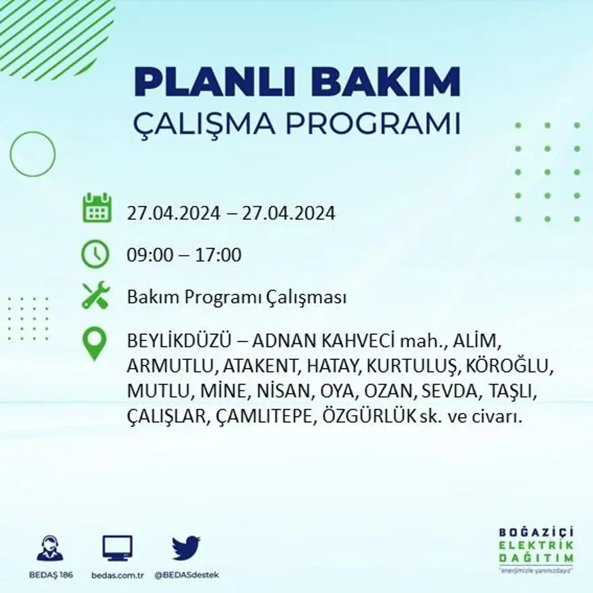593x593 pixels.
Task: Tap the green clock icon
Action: (x=95, y=254)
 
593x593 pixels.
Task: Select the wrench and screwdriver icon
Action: (x=95, y=296)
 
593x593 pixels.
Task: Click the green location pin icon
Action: (x=94, y=343)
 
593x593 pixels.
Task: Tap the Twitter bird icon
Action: (x=186, y=548)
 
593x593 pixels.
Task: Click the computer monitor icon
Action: (x=117, y=548)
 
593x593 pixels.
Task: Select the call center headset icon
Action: (x=50, y=549)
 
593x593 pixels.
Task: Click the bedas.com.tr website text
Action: (x=117, y=575)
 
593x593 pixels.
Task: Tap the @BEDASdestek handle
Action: (x=187, y=575)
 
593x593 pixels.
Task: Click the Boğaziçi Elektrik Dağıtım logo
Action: (x=536, y=549)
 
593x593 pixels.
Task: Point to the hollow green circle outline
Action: (x=32, y=154)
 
